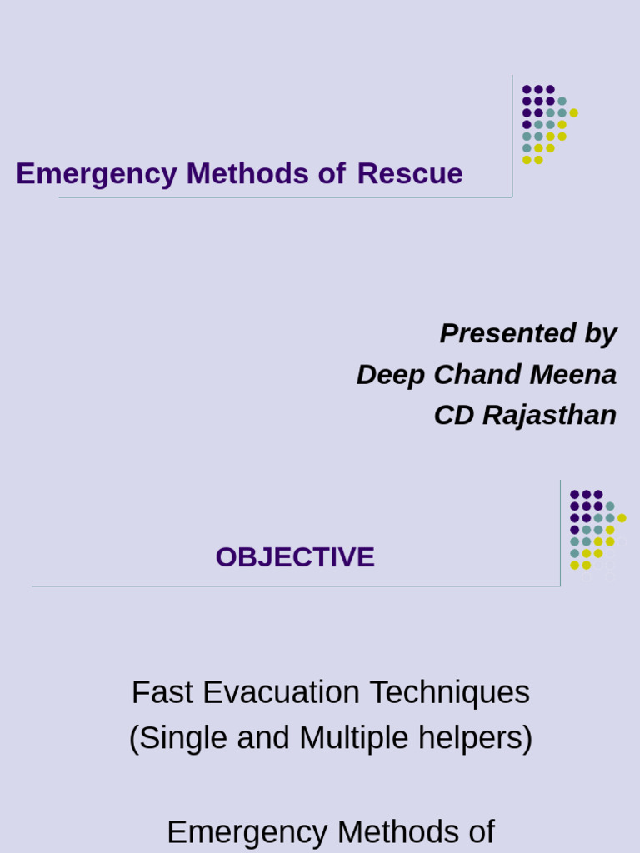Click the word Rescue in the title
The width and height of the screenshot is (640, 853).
tap(410, 173)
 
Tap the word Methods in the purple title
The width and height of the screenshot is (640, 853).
tap(237, 173)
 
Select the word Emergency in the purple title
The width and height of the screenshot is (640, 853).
tap(97, 173)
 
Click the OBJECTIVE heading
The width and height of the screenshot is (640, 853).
tap(295, 557)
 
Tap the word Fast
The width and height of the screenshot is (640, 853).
tap(162, 692)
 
